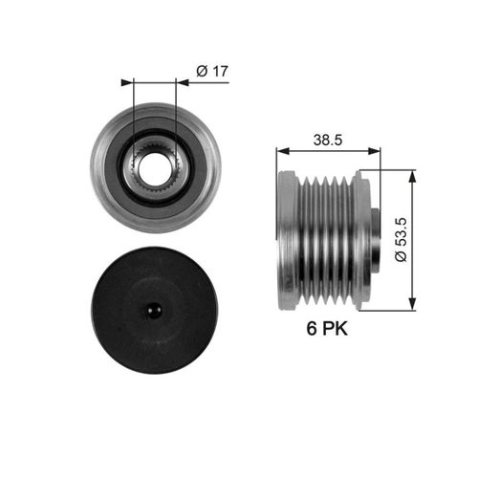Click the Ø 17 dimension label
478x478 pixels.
tap(212, 71)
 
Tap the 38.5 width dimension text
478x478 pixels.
tap(328, 140)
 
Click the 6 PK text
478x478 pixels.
tap(327, 328)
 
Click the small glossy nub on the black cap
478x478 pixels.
tap(153, 310)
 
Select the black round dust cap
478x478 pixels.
tap(155, 311)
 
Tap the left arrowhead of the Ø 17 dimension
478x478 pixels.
tap(127, 83)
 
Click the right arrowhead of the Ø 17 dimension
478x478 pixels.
tap(183, 83)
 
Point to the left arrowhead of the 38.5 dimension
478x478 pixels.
tap(283, 151)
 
